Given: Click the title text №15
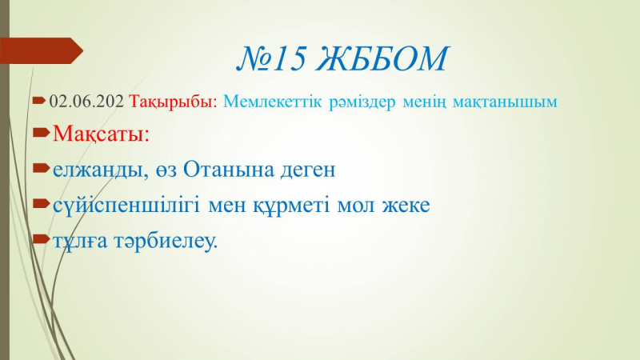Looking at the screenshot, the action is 271,58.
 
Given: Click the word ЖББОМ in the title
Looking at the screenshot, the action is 382,58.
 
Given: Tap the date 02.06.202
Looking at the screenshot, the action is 86,102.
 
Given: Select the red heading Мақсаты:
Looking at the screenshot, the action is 102,134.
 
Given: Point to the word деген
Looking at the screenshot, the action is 308,170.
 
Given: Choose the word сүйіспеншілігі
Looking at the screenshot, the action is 126,206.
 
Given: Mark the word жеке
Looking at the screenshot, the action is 406,206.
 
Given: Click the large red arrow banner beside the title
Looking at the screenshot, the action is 41,50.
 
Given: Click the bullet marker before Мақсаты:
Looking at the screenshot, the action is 42,132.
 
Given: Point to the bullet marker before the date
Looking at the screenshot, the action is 39,100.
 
